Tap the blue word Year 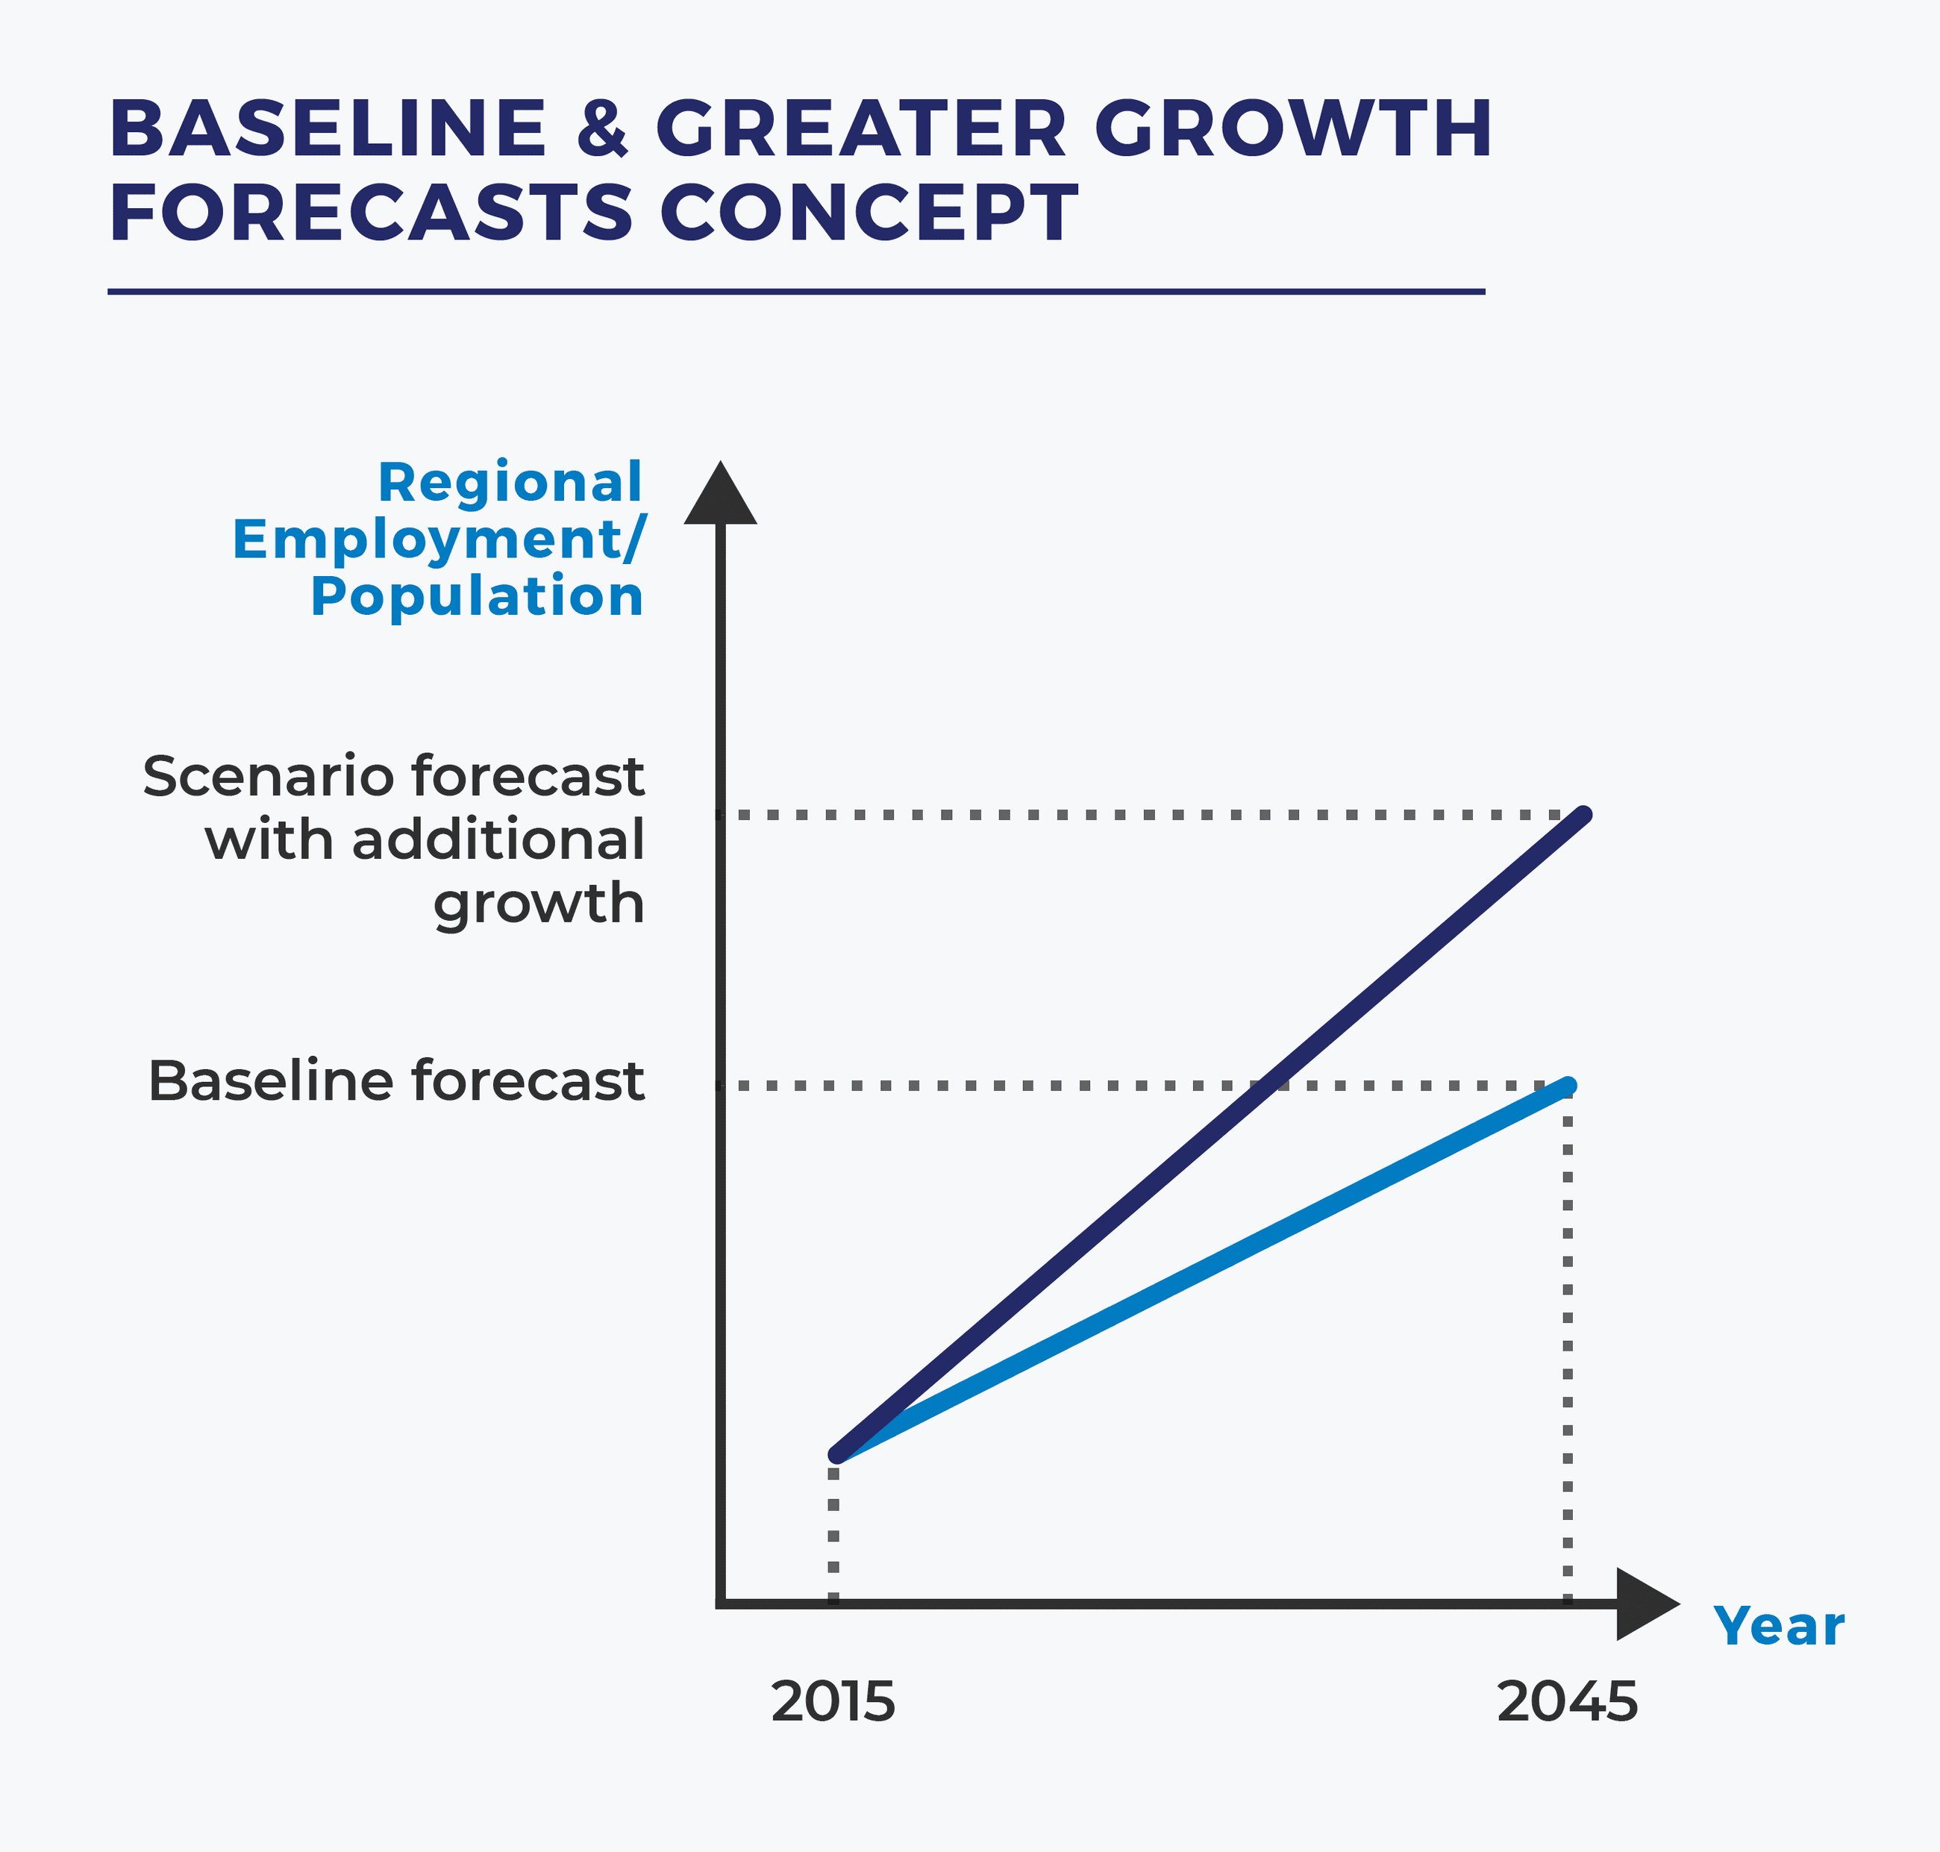(1778, 1625)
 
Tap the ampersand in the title (601, 128)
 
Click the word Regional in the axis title (510, 483)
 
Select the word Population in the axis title (477, 596)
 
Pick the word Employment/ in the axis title (439, 540)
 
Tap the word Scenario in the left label (269, 776)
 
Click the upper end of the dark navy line (1583, 816)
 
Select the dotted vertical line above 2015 (833, 1530)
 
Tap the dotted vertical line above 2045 (1568, 1342)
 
